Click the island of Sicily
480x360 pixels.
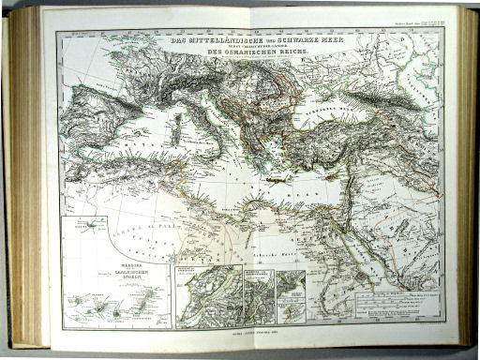point(207,157)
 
